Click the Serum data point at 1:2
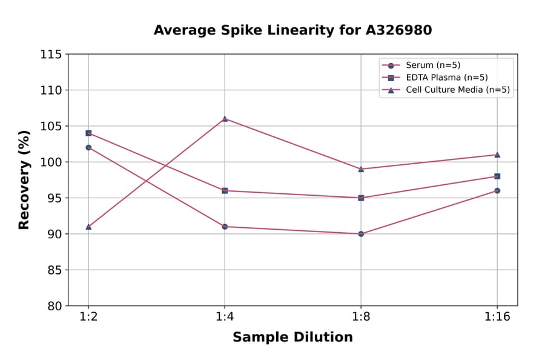(88, 147)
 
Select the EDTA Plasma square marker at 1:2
(88, 133)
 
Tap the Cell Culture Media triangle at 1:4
(225, 119)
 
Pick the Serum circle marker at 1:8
(361, 233)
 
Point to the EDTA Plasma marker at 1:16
(497, 176)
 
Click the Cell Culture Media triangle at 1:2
(88, 227)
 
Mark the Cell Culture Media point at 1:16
(497, 155)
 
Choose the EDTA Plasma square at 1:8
(361, 198)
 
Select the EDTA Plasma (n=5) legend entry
(446, 78)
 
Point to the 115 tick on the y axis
(51, 55)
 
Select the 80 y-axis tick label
(54, 305)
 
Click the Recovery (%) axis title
(24, 180)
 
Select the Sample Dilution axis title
(292, 338)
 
